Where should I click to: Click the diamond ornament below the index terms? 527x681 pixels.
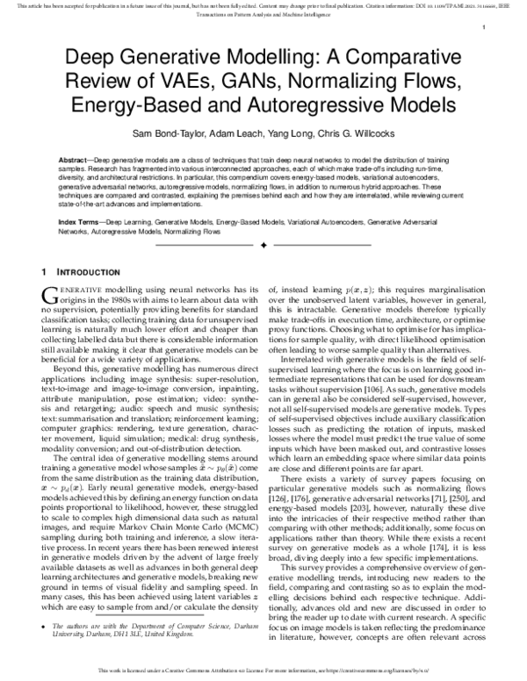263,247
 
